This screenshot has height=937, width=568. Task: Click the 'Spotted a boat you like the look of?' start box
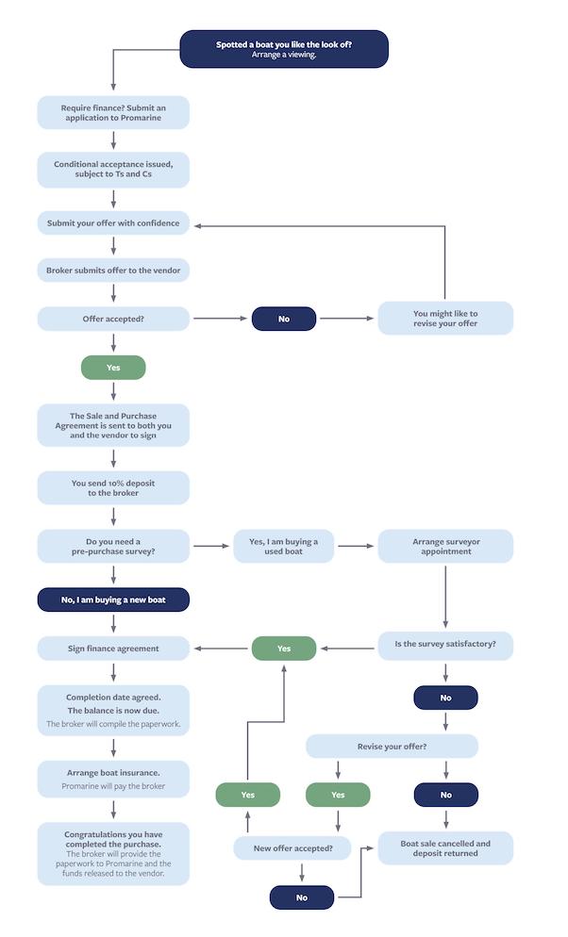tap(284, 49)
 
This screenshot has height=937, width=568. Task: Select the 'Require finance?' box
tap(113, 112)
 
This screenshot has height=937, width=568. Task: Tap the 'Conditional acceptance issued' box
tap(113, 169)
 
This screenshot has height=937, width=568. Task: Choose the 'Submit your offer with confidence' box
tap(113, 222)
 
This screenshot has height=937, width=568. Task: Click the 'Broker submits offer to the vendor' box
tap(113, 271)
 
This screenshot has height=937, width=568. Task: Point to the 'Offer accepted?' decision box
tap(113, 319)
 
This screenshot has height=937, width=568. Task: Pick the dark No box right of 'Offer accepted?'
tap(284, 319)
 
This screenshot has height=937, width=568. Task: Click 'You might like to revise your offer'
tap(445, 318)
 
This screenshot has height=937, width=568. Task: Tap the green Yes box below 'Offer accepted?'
tap(113, 368)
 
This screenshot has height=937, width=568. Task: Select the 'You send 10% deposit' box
tap(113, 487)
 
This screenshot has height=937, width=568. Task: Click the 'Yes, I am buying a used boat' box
tap(283, 546)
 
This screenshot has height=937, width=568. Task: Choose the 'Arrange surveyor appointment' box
tap(445, 546)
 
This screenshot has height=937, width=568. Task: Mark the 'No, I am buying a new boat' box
tap(113, 600)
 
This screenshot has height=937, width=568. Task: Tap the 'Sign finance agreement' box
tap(113, 649)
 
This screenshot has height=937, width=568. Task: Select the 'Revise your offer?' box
tap(392, 747)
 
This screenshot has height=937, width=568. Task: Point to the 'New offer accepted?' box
tap(292, 848)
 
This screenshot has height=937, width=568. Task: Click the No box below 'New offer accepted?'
tap(302, 897)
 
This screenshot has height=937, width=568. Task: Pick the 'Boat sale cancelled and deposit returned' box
tap(445, 848)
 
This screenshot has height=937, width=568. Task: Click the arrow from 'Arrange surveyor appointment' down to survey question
tap(445, 597)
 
